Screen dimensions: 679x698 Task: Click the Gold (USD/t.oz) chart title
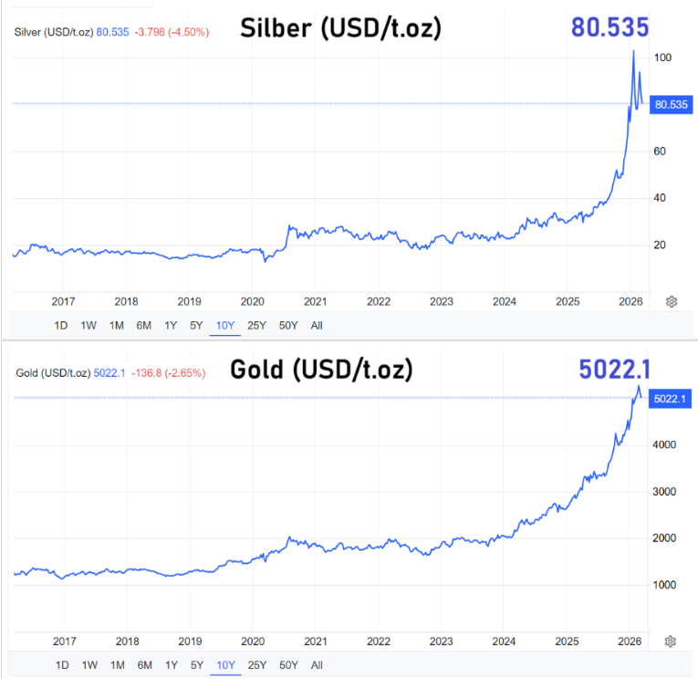point(320,370)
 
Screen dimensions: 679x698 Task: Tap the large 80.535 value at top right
point(610,27)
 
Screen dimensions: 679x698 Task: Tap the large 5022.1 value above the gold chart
point(614,369)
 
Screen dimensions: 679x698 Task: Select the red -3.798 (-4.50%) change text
point(172,33)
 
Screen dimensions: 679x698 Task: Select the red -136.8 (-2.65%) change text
point(169,372)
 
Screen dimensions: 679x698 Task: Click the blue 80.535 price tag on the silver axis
point(671,105)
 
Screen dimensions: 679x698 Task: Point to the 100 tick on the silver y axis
point(663,57)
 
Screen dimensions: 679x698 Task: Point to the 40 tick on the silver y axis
point(662,198)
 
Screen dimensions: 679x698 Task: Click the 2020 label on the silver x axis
point(252,301)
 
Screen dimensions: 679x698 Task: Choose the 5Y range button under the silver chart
point(195,325)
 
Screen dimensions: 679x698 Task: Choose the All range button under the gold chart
point(317,664)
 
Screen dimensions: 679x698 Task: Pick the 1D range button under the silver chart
point(62,325)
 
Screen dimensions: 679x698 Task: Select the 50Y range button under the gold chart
point(288,664)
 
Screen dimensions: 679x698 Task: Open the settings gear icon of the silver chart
point(672,301)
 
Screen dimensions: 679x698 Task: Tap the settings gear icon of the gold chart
point(672,642)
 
